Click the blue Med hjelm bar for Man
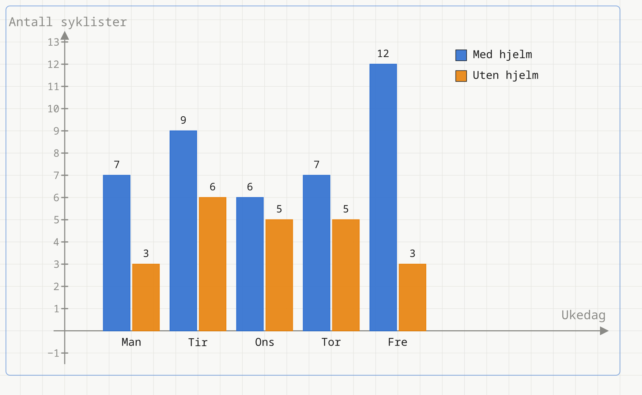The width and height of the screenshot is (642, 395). (x=117, y=253)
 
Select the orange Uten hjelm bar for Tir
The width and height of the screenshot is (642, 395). (x=212, y=264)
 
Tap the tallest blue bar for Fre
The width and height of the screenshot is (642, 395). (x=383, y=197)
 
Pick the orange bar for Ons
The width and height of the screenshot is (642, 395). (x=279, y=275)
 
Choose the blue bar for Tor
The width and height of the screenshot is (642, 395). (x=317, y=253)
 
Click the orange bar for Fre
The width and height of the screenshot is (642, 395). (x=412, y=297)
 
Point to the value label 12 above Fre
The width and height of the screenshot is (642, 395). (x=383, y=54)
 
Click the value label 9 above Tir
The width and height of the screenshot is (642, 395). (x=183, y=120)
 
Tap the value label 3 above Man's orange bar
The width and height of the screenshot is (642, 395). (x=146, y=253)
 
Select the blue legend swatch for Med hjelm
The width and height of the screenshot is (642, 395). (x=461, y=55)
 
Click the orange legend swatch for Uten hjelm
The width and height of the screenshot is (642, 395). (x=461, y=76)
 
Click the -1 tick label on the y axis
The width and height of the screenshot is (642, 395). (x=53, y=353)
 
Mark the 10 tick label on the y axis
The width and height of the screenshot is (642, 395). (x=53, y=109)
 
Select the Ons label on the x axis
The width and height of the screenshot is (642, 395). (x=265, y=342)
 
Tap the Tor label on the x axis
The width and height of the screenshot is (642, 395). (x=331, y=342)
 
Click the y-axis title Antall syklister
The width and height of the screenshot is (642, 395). (x=68, y=22)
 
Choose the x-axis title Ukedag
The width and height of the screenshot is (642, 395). (x=584, y=315)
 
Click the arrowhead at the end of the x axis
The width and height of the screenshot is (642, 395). (x=605, y=331)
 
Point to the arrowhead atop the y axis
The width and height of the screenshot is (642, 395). (x=65, y=35)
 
